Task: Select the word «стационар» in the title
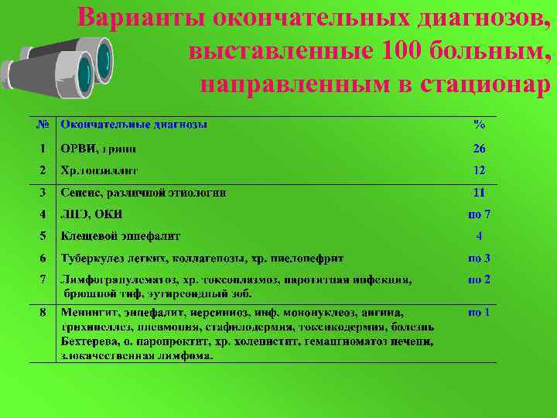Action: (486, 83)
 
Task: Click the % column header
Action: (479, 124)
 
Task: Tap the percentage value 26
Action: (479, 148)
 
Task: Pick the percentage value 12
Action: (479, 170)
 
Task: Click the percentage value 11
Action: (479, 192)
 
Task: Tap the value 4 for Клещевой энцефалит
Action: (480, 235)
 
